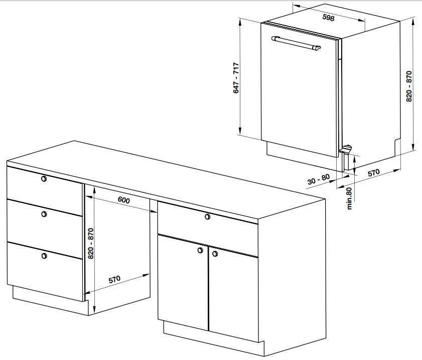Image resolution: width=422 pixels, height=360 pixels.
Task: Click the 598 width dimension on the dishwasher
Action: [x=328, y=18]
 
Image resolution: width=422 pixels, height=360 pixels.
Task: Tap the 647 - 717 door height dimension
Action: [x=236, y=78]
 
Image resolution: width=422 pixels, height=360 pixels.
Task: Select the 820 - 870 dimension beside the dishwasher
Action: [x=409, y=86]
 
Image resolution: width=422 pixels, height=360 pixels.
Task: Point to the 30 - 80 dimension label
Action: [x=319, y=179]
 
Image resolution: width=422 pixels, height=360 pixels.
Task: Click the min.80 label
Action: [x=349, y=198]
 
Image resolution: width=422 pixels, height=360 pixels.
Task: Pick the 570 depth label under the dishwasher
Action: [x=374, y=173]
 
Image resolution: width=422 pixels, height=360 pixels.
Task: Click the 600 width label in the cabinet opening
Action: [x=124, y=200]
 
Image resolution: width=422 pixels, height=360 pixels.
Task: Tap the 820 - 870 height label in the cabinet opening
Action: [x=91, y=244]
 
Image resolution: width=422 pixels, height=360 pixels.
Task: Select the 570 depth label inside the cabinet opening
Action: [x=114, y=280]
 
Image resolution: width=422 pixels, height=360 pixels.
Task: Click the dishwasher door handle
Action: [x=296, y=43]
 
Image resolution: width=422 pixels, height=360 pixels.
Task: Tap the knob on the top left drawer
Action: [x=44, y=179]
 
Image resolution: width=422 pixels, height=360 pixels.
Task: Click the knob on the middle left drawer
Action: [x=44, y=214]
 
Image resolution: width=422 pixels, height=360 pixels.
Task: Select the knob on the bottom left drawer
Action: [x=44, y=256]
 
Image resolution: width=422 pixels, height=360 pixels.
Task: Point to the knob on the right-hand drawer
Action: [x=208, y=216]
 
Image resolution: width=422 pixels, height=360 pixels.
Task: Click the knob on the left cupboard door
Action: [x=200, y=251]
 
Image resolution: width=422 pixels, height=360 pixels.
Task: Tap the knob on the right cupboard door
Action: [x=215, y=254]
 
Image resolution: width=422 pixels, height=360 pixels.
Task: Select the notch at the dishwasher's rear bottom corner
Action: [x=397, y=147]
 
